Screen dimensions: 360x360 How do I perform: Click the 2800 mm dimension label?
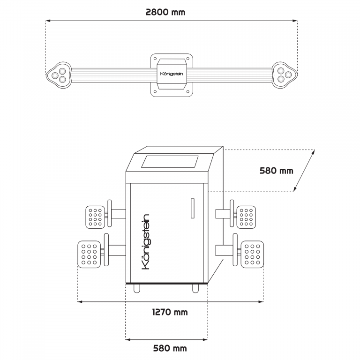click(165, 12)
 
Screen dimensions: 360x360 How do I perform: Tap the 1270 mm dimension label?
click(170, 312)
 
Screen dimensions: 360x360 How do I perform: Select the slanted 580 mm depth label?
click(277, 171)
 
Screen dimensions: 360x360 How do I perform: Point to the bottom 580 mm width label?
click(170, 348)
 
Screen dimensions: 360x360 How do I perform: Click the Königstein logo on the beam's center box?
click(172, 74)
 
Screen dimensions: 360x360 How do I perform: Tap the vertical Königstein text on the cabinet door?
click(145, 242)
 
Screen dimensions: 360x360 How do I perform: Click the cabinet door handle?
click(193, 208)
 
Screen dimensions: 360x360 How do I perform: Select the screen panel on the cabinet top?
click(170, 162)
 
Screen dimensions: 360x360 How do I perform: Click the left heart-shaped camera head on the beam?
click(59, 75)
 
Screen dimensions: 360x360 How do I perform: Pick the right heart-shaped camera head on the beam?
click(285, 75)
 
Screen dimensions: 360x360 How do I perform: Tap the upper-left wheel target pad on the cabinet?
click(95, 217)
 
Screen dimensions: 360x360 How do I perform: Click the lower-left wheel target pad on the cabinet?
click(89, 255)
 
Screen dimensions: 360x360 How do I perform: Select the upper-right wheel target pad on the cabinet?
click(246, 217)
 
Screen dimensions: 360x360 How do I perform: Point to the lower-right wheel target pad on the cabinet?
click(252, 255)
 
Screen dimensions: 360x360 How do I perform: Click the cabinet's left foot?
click(137, 289)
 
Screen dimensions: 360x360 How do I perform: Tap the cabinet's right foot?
click(195, 289)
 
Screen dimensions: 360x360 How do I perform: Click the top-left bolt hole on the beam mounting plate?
click(155, 59)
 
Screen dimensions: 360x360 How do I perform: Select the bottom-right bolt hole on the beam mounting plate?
click(188, 92)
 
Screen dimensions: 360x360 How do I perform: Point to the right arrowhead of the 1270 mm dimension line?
click(261, 302)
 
